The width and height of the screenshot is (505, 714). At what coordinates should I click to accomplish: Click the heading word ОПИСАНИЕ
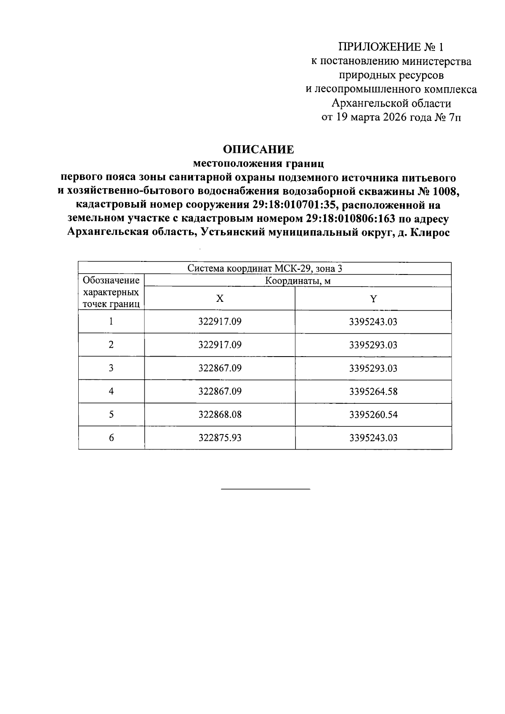pyautogui.click(x=258, y=149)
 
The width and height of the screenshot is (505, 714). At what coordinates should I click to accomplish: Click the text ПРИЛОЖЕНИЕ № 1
pyautogui.click(x=391, y=47)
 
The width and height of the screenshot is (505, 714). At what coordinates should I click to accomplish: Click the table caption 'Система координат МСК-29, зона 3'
pyautogui.click(x=265, y=269)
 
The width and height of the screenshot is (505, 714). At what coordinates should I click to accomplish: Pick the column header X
pyautogui.click(x=220, y=299)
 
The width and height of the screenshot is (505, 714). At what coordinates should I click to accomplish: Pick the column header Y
pyautogui.click(x=373, y=299)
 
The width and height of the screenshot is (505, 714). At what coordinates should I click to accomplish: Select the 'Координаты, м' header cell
pyautogui.click(x=298, y=281)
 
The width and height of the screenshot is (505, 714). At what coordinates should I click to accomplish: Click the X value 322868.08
pyautogui.click(x=220, y=415)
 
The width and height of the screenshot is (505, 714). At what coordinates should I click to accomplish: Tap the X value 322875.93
pyautogui.click(x=220, y=438)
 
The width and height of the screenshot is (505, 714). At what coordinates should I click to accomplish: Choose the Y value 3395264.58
pyautogui.click(x=373, y=392)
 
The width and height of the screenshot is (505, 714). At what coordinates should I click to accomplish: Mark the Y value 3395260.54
pyautogui.click(x=373, y=415)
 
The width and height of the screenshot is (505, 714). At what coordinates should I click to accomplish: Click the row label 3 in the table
pyautogui.click(x=111, y=368)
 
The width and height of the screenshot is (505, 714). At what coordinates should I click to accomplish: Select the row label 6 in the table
pyautogui.click(x=111, y=438)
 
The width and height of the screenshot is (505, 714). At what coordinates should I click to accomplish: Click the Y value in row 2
pyautogui.click(x=373, y=345)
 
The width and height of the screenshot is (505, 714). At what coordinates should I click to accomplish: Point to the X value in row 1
pyautogui.click(x=220, y=322)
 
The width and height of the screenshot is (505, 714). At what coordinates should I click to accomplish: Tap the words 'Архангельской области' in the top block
pyautogui.click(x=391, y=103)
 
